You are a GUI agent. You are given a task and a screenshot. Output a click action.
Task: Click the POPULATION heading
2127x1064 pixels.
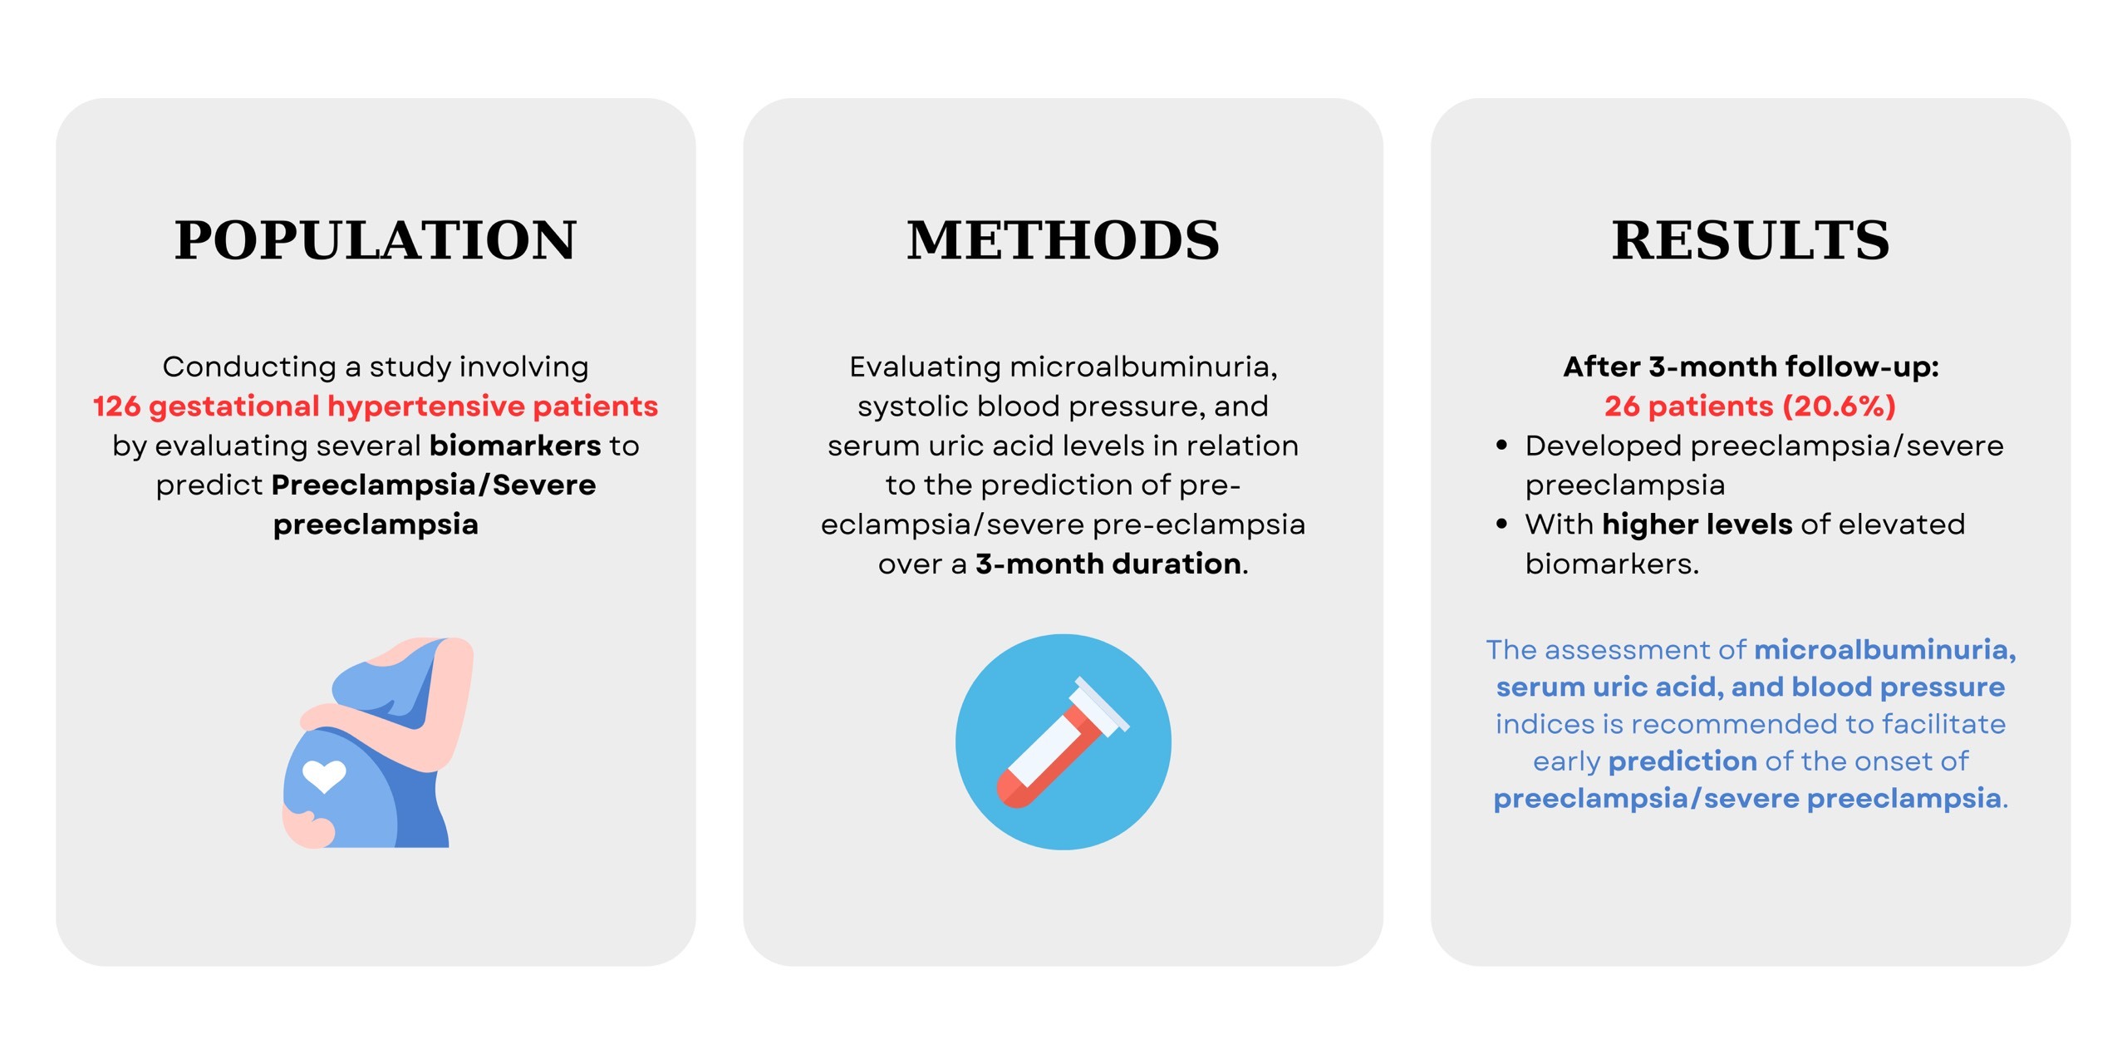pos(376,240)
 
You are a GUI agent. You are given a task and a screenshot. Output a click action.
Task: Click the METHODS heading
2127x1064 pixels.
pos(1063,240)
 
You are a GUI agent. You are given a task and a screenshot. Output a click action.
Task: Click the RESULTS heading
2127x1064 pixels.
pos(1751,240)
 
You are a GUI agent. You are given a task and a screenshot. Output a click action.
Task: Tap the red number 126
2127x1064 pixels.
pos(116,406)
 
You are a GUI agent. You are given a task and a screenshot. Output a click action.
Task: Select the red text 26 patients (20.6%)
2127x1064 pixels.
pos(1751,406)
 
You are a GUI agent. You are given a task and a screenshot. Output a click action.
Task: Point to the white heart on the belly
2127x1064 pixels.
pos(324,776)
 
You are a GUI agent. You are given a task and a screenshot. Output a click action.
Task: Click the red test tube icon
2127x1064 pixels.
pos(1063,742)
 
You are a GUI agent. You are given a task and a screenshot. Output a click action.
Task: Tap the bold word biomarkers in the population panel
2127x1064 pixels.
pos(515,446)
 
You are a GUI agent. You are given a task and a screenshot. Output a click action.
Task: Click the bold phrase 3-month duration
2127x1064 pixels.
pos(1109,564)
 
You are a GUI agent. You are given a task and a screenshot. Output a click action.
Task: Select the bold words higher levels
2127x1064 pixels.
pos(1697,525)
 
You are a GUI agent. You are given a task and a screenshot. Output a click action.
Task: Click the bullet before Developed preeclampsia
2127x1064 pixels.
pos(1501,446)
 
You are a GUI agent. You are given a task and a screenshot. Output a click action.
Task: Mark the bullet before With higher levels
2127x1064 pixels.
pos(1501,525)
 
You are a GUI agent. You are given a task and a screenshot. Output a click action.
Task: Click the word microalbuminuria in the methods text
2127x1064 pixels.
pos(1143,367)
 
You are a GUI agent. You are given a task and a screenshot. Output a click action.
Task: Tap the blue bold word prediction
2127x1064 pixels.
pos(1682,762)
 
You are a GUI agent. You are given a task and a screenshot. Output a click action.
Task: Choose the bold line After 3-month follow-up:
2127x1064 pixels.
pos(1751,367)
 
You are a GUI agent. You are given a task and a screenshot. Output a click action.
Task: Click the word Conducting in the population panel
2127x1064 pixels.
pos(249,367)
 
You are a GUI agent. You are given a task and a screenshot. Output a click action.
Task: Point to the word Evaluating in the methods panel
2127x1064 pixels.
pos(925,367)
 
